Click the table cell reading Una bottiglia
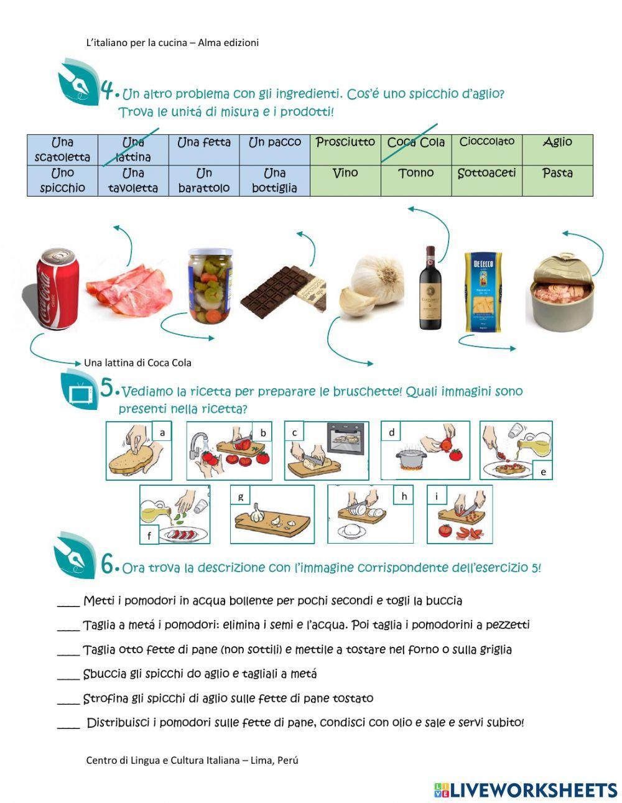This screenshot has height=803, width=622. click(x=274, y=180)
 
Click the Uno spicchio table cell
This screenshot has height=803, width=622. click(x=62, y=180)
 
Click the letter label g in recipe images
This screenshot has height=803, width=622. click(x=241, y=496)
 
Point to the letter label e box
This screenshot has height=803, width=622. click(x=543, y=471)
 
